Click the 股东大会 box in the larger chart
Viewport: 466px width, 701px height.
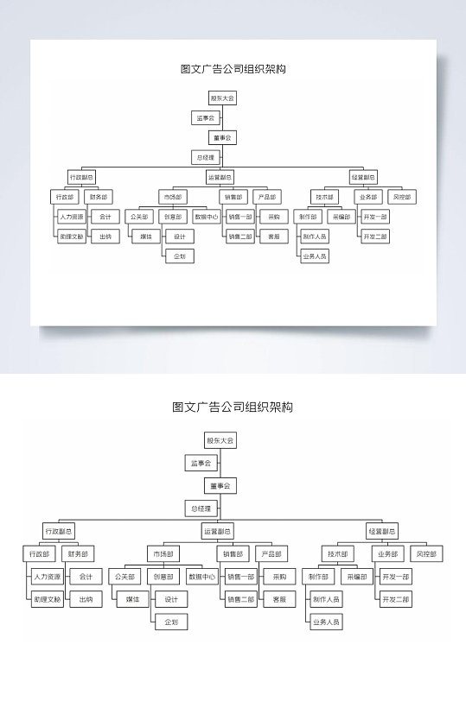220,440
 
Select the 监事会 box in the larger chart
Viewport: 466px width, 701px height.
201,464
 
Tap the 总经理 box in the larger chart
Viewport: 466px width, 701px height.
201,509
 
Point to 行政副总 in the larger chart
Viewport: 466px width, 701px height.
59,531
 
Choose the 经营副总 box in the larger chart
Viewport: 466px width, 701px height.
382,531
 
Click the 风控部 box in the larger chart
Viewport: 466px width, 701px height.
425,553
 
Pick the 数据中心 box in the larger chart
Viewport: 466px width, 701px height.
202,576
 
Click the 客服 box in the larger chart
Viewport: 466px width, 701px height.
279,598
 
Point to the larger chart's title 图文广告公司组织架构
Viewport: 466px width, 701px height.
233,407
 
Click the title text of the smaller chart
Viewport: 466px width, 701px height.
233,69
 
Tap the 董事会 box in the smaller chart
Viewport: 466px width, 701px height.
222,137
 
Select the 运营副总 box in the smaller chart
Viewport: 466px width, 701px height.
220,177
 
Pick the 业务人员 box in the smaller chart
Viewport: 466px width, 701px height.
315,256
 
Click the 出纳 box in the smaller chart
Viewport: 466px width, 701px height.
105,236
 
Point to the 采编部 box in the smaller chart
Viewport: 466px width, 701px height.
341,217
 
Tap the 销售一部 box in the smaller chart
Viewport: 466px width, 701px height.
240,217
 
